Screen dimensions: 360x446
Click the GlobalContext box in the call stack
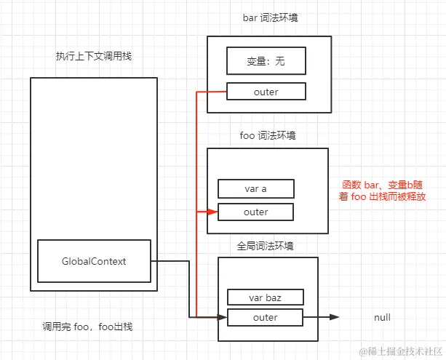pos(94,261)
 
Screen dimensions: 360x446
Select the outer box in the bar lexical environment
pos(266,92)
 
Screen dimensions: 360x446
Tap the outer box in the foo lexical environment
pos(255,212)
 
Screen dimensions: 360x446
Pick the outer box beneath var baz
pos(265,317)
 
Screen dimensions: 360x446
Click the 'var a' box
pos(255,189)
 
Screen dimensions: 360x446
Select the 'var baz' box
pos(265,297)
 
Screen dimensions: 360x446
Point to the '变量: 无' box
pos(266,61)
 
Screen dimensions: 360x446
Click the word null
pos(382,318)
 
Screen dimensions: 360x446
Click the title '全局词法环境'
pos(266,246)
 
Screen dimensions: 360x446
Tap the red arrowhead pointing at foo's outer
pos(212,212)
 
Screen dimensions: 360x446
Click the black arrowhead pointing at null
pos(334,317)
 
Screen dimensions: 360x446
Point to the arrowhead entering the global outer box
pos(223,317)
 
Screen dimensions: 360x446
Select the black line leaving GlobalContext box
pos(171,260)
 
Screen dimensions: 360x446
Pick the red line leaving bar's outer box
pos(211,92)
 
